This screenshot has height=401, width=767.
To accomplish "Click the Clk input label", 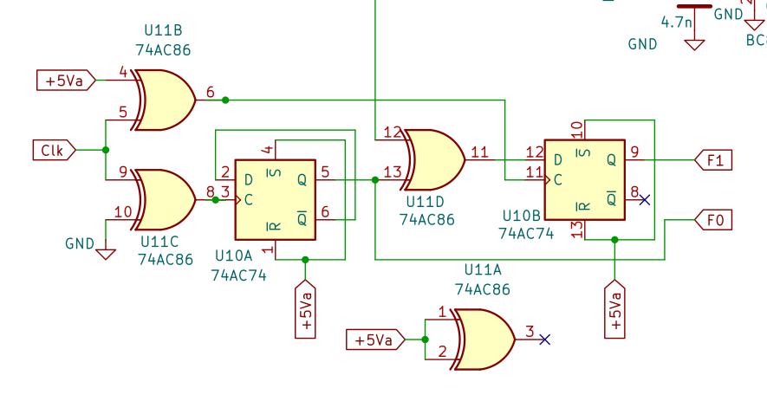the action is (54, 150).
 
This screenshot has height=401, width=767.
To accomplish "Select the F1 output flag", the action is (713, 160).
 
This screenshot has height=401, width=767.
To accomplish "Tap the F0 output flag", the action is (713, 220).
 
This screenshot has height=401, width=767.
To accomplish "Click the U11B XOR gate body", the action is (164, 100).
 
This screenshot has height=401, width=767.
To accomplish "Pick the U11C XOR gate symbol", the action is (164, 200).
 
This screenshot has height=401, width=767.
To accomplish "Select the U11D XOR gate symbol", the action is (434, 160).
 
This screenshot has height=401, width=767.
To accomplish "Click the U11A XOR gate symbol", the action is (484, 340).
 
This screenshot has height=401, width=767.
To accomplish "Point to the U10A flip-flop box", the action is (276, 200).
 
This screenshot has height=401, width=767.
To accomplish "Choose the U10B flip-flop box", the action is (585, 180).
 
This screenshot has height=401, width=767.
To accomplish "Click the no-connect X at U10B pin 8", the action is (645, 199).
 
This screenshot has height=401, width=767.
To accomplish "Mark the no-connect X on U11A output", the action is (545, 340).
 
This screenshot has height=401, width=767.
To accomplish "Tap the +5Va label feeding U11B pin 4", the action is (66, 81).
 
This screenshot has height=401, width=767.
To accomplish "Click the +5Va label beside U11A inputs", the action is (375, 340).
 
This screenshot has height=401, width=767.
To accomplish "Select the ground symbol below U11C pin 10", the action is (106, 254).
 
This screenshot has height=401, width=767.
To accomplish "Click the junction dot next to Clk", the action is (106, 150).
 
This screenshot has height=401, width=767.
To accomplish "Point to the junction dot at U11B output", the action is (225, 100).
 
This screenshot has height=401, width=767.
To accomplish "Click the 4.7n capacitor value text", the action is (677, 22).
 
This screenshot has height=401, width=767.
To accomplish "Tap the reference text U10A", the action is (234, 255).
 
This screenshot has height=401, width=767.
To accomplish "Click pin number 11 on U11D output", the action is (479, 152).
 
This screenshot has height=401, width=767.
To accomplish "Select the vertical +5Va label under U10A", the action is (305, 309).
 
